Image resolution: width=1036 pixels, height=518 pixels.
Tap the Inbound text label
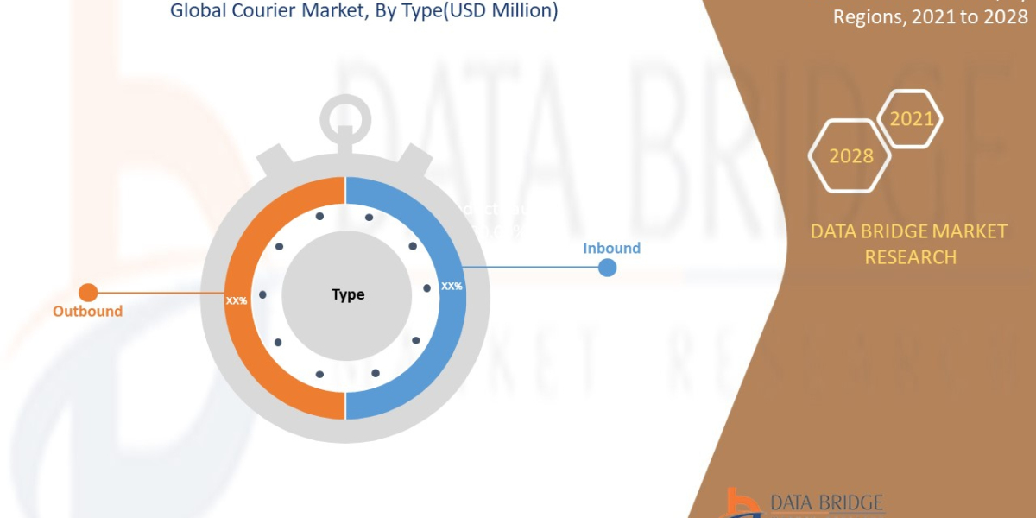pos(611,248)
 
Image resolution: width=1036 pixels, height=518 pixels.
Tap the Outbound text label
pos(87,311)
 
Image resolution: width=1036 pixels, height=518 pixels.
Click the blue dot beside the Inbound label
pos(608,268)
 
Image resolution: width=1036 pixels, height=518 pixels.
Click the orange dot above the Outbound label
pos(88,293)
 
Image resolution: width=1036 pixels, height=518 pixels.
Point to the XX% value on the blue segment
pos(452,286)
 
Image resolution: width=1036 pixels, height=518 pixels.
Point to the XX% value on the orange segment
pos(237,300)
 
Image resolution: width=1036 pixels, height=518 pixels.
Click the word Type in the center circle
pos(348,294)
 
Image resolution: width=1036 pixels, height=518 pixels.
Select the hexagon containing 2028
pos(850,156)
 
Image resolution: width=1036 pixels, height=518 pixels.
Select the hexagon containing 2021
pos(912,119)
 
